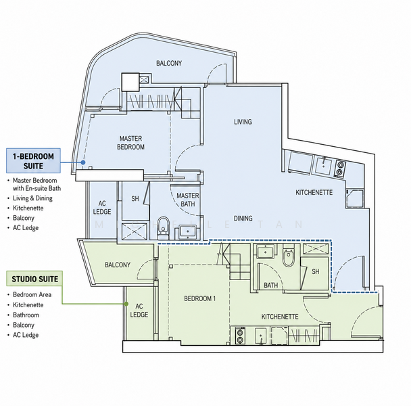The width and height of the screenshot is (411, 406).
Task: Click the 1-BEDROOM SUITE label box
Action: (x=33, y=160)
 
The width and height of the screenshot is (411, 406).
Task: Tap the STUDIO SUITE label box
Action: (x=34, y=279)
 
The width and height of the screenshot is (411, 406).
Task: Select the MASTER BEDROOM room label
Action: (x=130, y=143)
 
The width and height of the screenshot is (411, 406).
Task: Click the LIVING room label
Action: (x=243, y=122)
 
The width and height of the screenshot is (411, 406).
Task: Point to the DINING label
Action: (x=243, y=218)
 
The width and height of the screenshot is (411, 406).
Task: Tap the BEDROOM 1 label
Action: (x=199, y=298)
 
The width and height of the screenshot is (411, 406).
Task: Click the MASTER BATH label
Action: (x=188, y=200)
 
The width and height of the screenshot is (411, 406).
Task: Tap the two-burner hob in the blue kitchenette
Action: (x=340, y=168)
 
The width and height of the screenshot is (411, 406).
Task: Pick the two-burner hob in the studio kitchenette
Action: (x=240, y=336)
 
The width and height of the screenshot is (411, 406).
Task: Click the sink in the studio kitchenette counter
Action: (x=260, y=336)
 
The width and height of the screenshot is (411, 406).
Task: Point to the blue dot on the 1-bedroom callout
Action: (x=83, y=162)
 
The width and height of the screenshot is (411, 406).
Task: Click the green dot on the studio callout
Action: (x=126, y=304)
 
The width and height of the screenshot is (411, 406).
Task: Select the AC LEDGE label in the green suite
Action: (x=139, y=310)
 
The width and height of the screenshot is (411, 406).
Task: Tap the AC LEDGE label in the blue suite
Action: (x=102, y=207)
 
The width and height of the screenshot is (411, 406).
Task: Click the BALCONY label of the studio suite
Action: (x=118, y=265)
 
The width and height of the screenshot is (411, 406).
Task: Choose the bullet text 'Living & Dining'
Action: (x=32, y=198)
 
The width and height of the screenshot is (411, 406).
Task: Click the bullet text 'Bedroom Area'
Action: (x=32, y=294)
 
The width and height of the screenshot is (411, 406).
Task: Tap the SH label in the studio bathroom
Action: (x=315, y=271)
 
